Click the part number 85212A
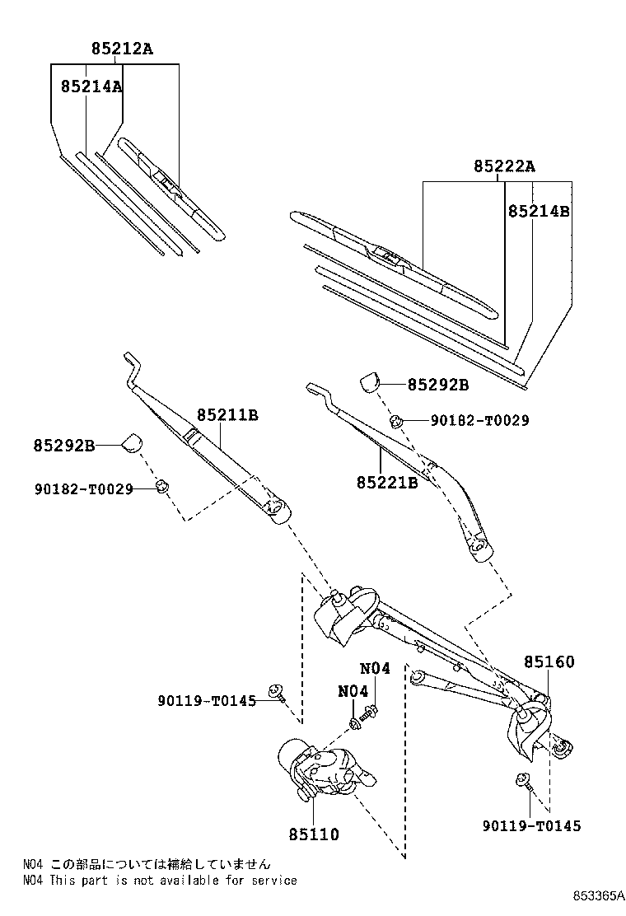(122, 49)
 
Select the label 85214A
(91, 86)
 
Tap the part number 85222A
(504, 167)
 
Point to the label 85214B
(539, 211)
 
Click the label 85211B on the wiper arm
(227, 415)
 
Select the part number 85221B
(387, 483)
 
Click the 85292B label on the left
(64, 446)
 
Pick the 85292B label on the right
(438, 385)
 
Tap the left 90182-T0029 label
(83, 488)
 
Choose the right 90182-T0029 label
(479, 420)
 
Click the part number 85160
(549, 661)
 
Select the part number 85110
(314, 834)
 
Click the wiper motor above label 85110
(325, 770)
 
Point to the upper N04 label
(375, 669)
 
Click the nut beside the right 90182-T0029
(396, 421)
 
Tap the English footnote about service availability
(160, 880)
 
